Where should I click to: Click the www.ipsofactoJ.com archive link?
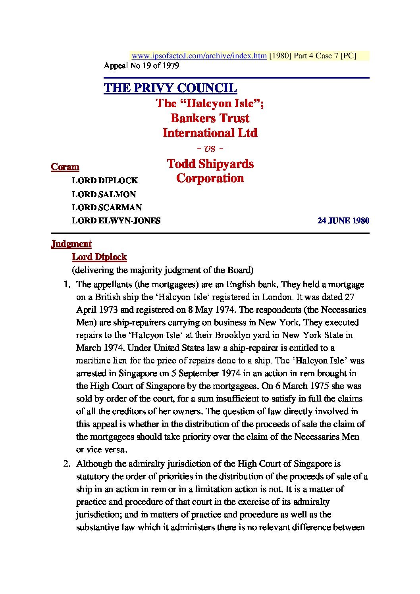coord(199,56)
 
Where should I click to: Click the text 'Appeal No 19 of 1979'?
coord(141,66)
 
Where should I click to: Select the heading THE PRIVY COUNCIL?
coord(170,88)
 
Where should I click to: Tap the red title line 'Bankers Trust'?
coord(210,118)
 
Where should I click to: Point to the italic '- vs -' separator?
coord(210,149)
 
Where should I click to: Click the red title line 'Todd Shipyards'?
coord(210,164)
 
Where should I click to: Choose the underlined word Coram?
coord(65,167)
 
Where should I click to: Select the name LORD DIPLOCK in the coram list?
coord(105,181)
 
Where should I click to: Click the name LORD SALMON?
coord(104,194)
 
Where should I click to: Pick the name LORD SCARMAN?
coord(106,208)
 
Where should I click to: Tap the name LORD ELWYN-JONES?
coord(116,221)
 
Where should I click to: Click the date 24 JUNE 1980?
coord(343,221)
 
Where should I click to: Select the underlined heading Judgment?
coord(71,244)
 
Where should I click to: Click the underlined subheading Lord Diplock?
coord(99,257)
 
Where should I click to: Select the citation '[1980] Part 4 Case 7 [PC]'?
coord(313,56)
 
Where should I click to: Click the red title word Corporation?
coord(210,179)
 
